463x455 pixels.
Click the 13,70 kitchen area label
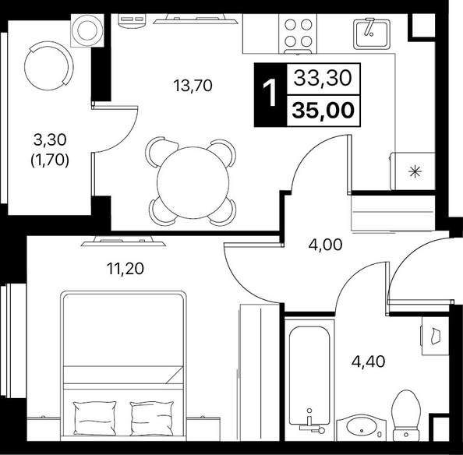pyautogui.click(x=193, y=86)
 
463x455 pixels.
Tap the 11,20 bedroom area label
pyautogui.click(x=125, y=269)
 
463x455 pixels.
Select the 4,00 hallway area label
pyautogui.click(x=325, y=245)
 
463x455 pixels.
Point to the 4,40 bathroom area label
pyautogui.click(x=368, y=362)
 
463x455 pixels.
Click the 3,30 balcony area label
pyautogui.click(x=50, y=140)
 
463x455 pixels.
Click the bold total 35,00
pyautogui.click(x=323, y=110)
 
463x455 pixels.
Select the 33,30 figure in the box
pyautogui.click(x=323, y=78)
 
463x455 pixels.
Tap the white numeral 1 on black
pyautogui.click(x=269, y=93)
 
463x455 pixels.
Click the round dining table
pyautogui.click(x=193, y=182)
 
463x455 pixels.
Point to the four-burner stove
pyautogui.click(x=298, y=34)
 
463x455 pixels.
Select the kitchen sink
pyautogui.click(x=372, y=34)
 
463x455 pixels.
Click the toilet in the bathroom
pyautogui.click(x=406, y=415)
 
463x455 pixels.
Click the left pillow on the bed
pyautogui.click(x=95, y=418)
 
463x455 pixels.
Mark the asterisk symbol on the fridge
pyautogui.click(x=415, y=171)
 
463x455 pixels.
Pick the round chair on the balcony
pyautogui.click(x=49, y=65)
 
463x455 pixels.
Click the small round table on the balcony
pyautogui.click(x=87, y=30)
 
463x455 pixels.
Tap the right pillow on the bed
pyautogui.click(x=152, y=418)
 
